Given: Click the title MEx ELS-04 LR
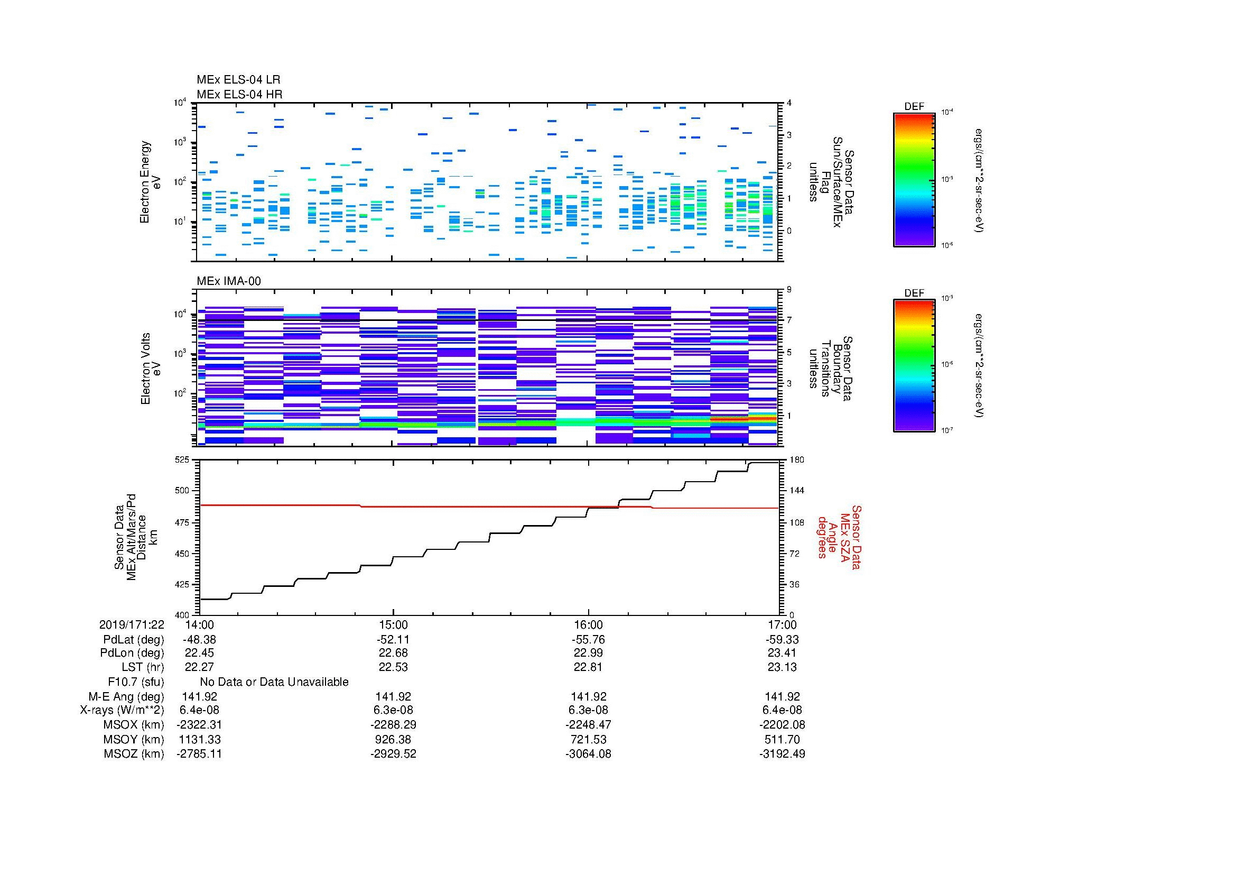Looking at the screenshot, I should (238, 80).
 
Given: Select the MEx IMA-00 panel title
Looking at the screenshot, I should (228, 281).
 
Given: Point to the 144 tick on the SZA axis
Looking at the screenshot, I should (797, 491).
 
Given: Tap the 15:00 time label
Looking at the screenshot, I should (394, 624).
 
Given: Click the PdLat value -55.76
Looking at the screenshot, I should (588, 640).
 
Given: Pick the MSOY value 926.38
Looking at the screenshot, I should (394, 739).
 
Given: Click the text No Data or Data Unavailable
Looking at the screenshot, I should (274, 682).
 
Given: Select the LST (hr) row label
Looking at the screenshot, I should (143, 667).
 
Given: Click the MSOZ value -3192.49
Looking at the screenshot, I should (782, 754).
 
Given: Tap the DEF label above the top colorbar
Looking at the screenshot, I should (914, 107).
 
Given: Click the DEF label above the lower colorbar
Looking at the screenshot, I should (914, 293).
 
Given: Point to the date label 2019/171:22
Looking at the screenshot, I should (132, 624).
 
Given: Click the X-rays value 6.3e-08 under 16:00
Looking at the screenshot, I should (588, 710).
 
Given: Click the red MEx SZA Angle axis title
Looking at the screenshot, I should (839, 537).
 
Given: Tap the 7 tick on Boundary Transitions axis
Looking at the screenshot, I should (789, 320).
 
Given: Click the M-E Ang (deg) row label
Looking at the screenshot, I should (126, 696).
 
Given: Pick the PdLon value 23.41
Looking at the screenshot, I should (782, 652).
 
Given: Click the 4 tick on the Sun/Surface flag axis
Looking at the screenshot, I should (789, 103).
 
